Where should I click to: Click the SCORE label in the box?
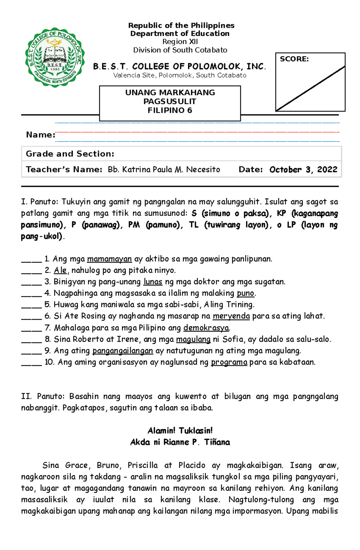click(294, 59)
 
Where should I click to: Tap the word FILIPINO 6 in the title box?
click(170, 111)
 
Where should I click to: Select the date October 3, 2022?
click(303, 170)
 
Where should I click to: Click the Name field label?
click(40, 135)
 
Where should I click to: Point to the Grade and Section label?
click(70, 154)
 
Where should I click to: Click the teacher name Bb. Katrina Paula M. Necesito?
click(164, 170)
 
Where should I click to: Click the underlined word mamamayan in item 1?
click(109, 259)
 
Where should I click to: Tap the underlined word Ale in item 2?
click(60, 270)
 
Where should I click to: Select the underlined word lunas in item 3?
click(153, 282)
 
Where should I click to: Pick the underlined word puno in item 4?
click(245, 293)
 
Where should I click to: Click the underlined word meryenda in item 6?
click(231, 316)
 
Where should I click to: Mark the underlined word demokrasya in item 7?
click(206, 328)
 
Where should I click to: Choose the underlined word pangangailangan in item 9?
click(123, 351)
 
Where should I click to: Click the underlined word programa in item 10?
click(229, 362)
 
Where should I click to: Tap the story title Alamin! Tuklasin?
click(180, 431)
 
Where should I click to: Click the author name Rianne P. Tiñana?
click(196, 442)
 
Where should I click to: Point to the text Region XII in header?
click(180, 42)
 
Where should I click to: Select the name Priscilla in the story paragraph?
click(142, 465)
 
